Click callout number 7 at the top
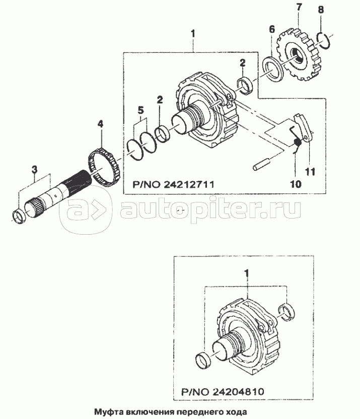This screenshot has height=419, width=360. click(299, 8)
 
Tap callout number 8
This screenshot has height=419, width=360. click(321, 10)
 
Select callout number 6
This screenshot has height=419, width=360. click(271, 29)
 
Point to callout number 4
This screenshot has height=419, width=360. click(100, 124)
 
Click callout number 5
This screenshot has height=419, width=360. click(140, 110)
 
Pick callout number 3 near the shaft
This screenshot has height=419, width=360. click(34, 169)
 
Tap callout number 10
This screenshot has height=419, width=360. click(296, 184)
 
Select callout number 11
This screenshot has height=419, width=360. click(310, 171)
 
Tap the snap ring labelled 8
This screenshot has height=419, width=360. click(324, 41)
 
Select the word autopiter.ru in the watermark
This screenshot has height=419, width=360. click(210, 208)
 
